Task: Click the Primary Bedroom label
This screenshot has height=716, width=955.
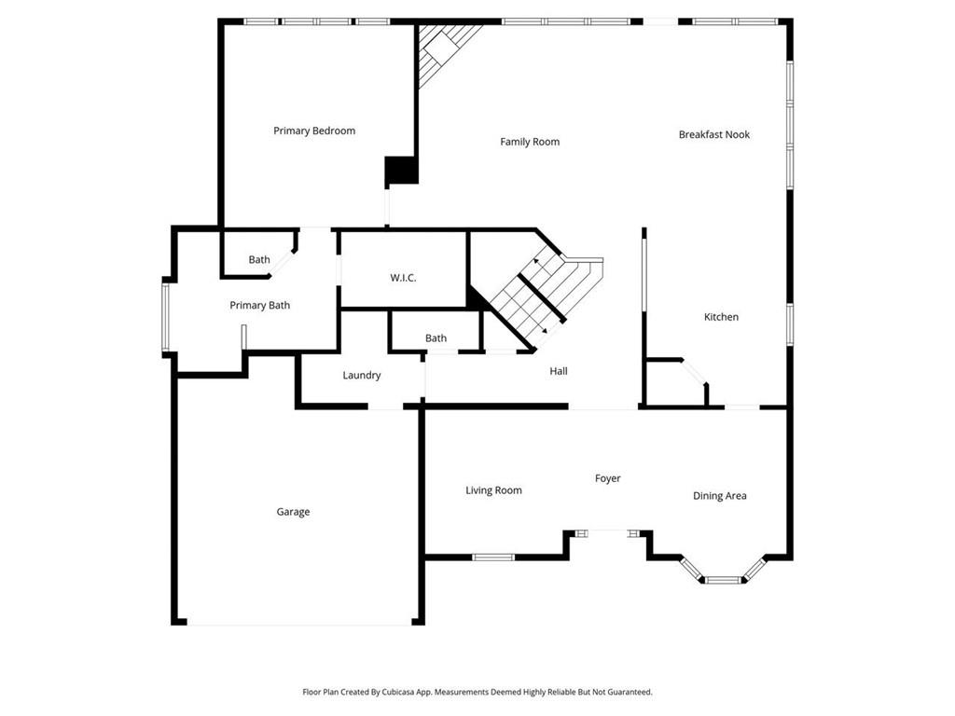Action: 314,131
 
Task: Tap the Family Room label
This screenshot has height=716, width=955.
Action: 530,142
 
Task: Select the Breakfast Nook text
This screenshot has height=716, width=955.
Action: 713,134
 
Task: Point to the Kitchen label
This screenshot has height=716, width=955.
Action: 721,317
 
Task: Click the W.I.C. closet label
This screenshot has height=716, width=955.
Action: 403,278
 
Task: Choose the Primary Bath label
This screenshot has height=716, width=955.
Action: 259,305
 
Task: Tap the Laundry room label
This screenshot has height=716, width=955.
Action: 361,375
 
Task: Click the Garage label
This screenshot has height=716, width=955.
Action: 293,512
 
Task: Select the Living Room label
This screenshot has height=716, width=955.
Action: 493,490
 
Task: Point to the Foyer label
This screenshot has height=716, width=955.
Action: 607,478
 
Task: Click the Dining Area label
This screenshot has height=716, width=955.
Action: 719,496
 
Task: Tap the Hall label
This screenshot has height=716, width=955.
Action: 559,371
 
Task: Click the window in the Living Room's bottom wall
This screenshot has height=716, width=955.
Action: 493,558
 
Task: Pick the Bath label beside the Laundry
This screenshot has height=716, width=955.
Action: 436,338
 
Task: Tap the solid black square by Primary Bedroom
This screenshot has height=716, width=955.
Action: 402,171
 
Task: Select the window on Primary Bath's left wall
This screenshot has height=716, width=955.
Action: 165,317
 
